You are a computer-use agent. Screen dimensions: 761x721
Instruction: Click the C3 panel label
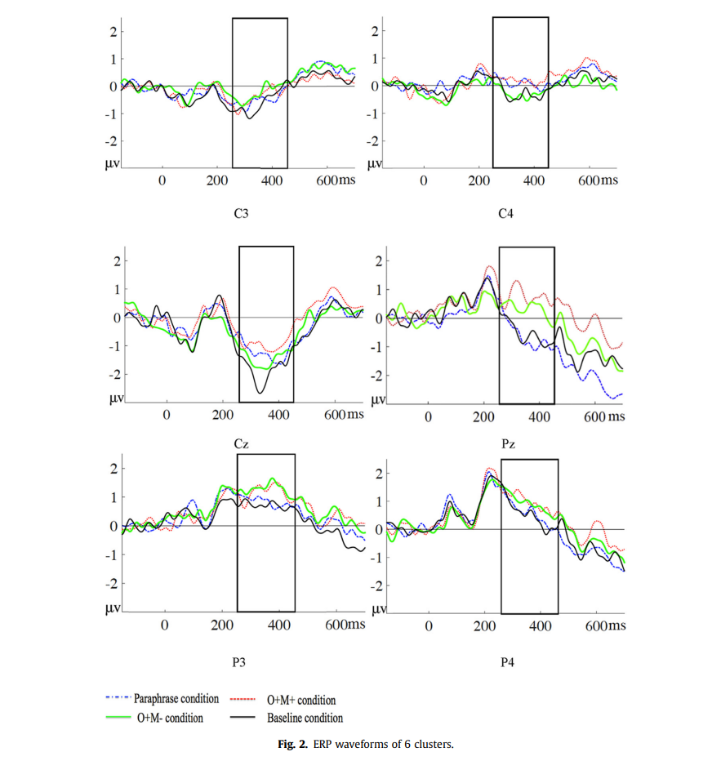(x=241, y=215)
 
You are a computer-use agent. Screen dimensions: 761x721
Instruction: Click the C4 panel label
(x=505, y=215)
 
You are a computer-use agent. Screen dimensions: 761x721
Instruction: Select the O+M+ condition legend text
(x=301, y=700)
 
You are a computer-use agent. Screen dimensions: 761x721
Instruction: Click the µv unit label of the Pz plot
(x=379, y=400)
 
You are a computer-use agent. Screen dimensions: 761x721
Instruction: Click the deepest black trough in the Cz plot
(x=260, y=393)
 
